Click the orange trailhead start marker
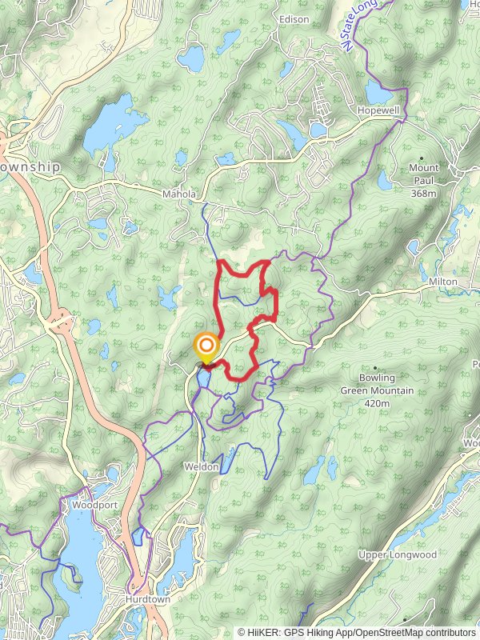[206, 346]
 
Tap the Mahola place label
[178, 194]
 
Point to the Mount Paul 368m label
[423, 174]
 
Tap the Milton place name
[442, 282]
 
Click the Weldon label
[201, 466]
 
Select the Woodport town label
[89, 506]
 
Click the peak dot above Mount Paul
[422, 158]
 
